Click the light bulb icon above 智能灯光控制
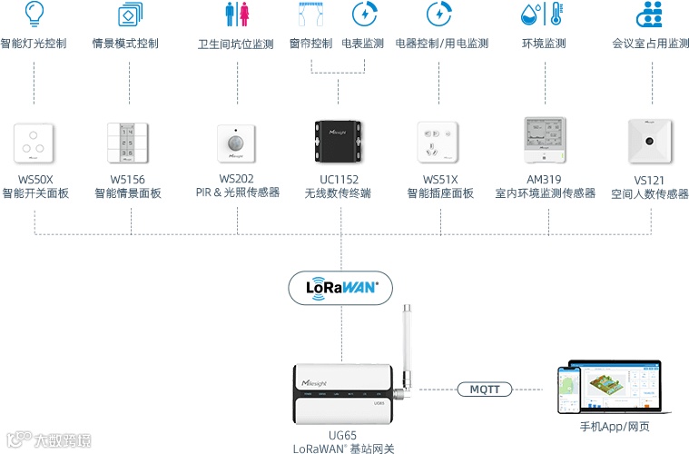34,14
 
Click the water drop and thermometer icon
543,14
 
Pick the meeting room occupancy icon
650,14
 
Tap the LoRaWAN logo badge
340,287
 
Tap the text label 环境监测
544,43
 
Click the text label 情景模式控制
126,43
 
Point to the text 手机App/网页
615,426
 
